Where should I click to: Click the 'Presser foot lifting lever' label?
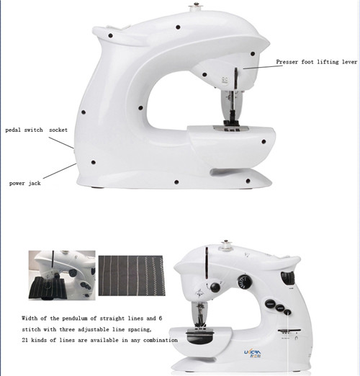pos(316,63)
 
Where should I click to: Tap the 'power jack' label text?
pos(27,183)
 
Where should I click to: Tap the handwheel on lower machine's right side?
pos(289,277)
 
